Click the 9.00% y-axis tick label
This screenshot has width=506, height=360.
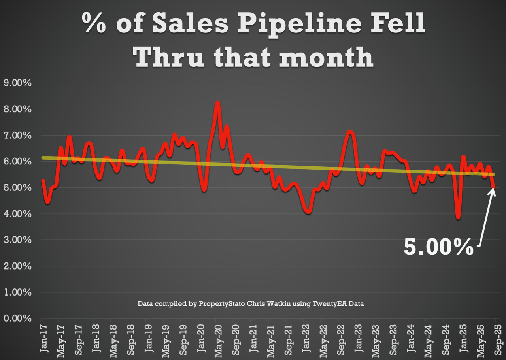click(x=17, y=83)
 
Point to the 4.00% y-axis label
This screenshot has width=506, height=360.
click(x=17, y=214)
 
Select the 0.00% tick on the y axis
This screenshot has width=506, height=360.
click(x=17, y=319)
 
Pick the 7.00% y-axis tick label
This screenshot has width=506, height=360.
click(x=17, y=136)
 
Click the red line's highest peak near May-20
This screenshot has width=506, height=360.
click(x=217, y=103)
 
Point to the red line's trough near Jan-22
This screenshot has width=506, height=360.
click(x=308, y=212)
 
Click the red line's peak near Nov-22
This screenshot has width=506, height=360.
click(x=349, y=132)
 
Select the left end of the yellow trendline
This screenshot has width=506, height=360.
click(x=43, y=158)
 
